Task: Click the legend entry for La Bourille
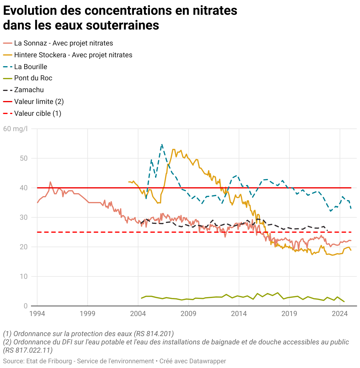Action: pos(30,67)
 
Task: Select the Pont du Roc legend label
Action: pos(33,78)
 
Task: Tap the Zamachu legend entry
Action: pos(29,90)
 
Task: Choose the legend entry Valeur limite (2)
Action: pos(39,102)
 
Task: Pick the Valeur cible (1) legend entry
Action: pos(37,114)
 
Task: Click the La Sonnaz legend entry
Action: pos(63,43)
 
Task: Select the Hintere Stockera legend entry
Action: pos(73,55)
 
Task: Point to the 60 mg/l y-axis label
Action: pos(15,129)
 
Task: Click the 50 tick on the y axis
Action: pos(24,158)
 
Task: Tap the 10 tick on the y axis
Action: pos(24,276)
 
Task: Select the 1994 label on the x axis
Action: pos(37,313)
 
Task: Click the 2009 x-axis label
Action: pos(188,313)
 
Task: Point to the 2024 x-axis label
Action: pos(340,313)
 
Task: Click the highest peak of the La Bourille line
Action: pos(162,144)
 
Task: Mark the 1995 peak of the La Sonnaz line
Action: pos(50,182)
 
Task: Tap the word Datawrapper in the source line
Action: pos(207,361)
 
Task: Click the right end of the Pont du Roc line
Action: pos(344,302)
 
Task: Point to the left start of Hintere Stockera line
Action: pos(128,182)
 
